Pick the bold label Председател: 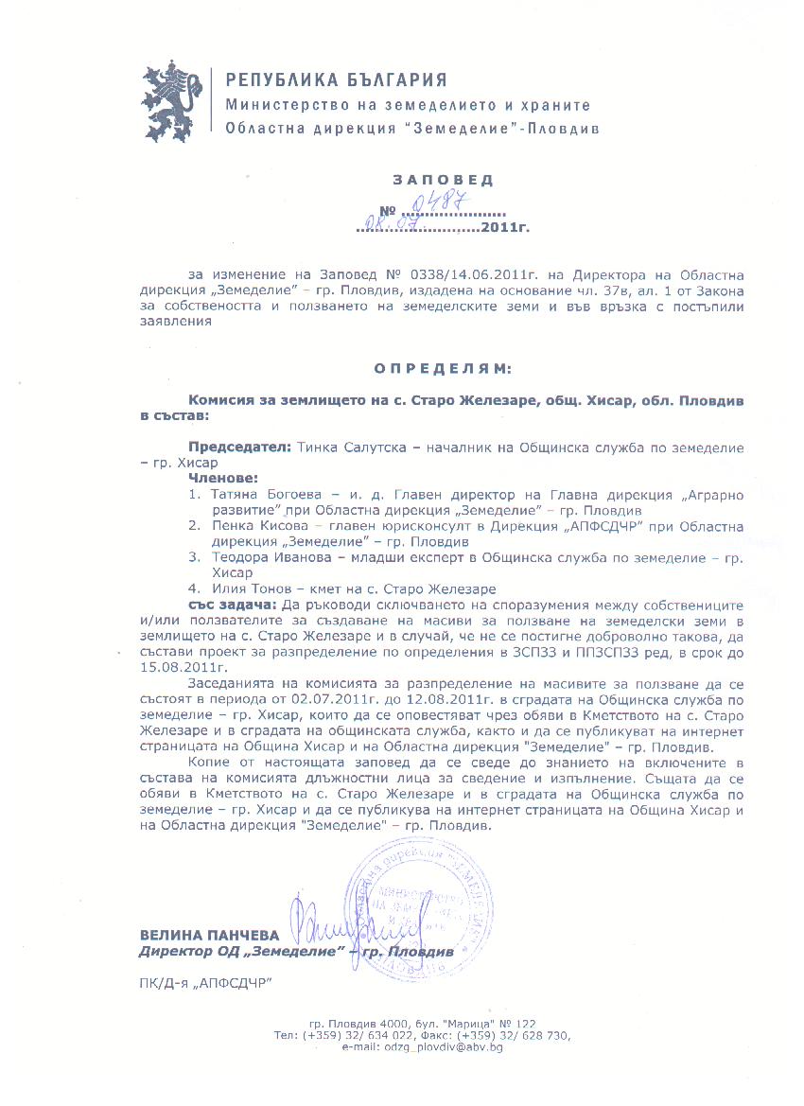[x=241, y=447]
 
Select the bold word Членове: [x=223, y=479]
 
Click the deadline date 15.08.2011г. [x=171, y=666]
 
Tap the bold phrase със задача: [x=233, y=604]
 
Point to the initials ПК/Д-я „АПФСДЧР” [x=204, y=984]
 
